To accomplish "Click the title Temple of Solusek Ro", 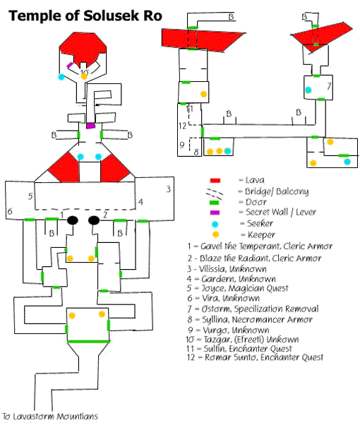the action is click(85, 16).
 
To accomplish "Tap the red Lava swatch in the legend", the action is click(215, 181).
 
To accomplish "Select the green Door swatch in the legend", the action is click(214, 203).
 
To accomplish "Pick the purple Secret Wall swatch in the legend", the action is click(215, 213).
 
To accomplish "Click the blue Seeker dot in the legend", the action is click(215, 224).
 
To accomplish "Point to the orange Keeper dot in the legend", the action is click(215, 234).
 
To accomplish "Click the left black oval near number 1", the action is click(73, 220).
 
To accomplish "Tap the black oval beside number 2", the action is click(94, 220).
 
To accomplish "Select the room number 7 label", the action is click(329, 86).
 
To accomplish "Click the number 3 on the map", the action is click(168, 189).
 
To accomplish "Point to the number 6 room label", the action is click(10, 211).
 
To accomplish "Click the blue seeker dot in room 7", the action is click(308, 90).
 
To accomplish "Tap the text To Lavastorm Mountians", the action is click(50, 416).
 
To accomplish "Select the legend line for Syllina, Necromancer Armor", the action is click(250, 320).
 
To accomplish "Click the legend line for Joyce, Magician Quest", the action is click(238, 288).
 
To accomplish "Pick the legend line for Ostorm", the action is click(253, 309).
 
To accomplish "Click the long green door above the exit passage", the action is click(88, 342).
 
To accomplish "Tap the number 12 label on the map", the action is click(182, 126).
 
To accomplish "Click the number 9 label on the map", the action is click(182, 145).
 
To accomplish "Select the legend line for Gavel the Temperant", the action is click(260, 246).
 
